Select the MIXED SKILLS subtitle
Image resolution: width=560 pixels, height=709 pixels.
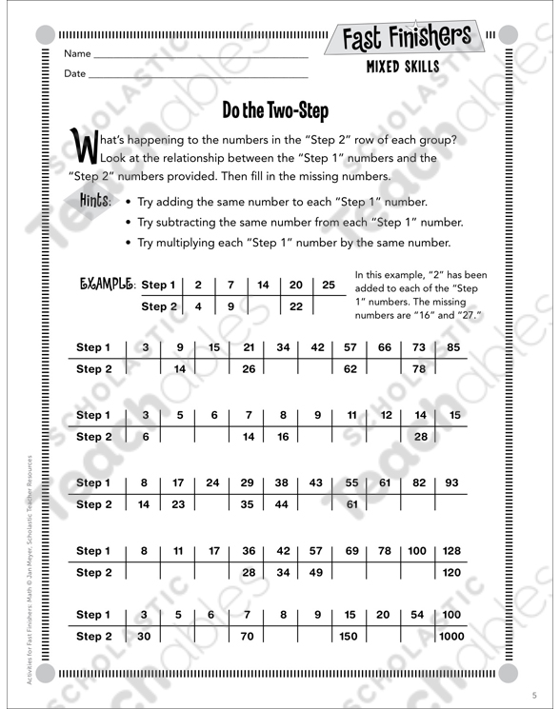click(x=403, y=69)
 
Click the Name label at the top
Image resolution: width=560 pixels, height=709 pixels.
click(x=77, y=53)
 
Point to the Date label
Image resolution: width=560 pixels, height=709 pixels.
click(x=75, y=73)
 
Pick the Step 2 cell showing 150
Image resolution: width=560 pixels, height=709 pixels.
click(x=350, y=637)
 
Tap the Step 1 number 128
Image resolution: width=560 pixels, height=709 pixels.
click(x=451, y=550)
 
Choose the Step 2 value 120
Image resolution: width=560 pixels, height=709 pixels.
click(x=451, y=572)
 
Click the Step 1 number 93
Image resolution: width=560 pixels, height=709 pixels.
click(x=451, y=483)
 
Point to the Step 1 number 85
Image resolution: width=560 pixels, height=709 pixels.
click(x=451, y=347)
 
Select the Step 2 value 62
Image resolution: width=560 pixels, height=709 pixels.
click(x=350, y=369)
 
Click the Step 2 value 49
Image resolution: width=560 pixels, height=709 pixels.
click(x=316, y=572)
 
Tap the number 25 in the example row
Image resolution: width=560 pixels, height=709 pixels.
click(x=329, y=285)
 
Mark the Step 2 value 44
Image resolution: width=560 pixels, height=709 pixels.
click(x=282, y=505)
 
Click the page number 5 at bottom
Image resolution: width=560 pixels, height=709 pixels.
click(x=534, y=692)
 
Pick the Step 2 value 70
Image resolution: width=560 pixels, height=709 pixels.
click(x=248, y=637)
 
